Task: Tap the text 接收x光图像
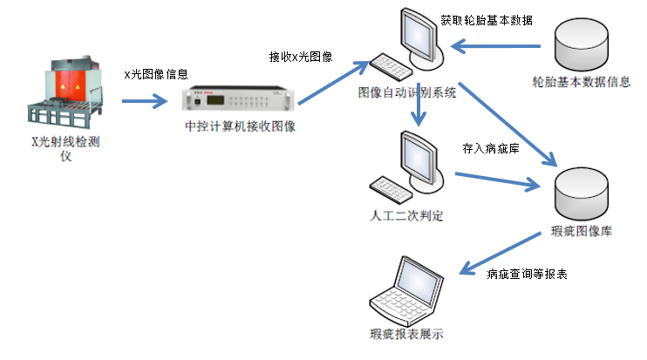click(x=302, y=57)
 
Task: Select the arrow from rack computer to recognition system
click(x=328, y=84)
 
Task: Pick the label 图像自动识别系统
click(x=407, y=92)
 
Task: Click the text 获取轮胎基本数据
click(x=487, y=19)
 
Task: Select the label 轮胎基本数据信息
click(x=582, y=82)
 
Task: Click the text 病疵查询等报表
click(x=527, y=274)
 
